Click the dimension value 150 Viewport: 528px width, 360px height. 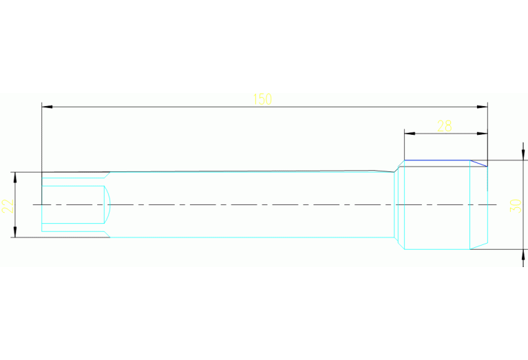point(262,99)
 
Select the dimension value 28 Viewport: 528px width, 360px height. point(445,125)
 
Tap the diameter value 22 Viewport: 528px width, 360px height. point(8,205)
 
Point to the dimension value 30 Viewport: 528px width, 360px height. point(514,205)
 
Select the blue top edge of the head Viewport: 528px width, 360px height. point(436,160)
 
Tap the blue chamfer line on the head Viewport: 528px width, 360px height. point(479,164)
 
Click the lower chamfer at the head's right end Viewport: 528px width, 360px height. point(479,246)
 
